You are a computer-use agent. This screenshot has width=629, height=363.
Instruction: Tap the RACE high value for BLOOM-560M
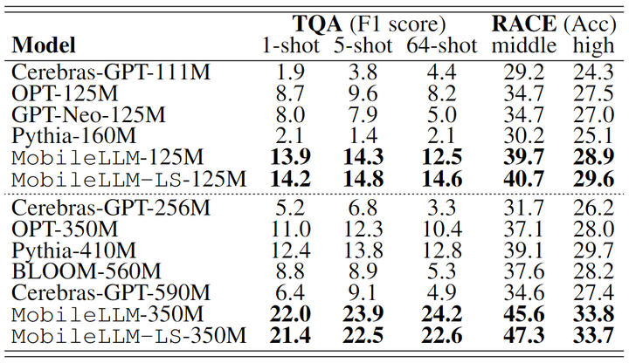pos(590,271)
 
